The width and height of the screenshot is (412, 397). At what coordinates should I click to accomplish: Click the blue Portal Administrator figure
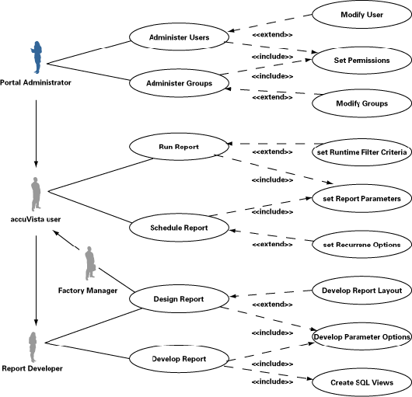[37, 57]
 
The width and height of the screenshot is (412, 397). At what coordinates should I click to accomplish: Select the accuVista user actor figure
[36, 194]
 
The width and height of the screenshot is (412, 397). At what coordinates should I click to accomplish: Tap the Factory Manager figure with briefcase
[90, 263]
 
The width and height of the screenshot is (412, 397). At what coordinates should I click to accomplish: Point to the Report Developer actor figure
[33, 347]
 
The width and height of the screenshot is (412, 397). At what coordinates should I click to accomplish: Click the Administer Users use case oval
[180, 37]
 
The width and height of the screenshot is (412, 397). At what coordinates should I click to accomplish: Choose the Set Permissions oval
[361, 61]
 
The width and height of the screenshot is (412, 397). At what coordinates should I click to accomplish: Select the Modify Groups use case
[361, 103]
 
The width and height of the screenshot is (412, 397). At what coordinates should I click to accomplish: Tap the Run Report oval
[180, 147]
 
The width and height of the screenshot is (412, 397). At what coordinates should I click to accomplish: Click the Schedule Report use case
[180, 228]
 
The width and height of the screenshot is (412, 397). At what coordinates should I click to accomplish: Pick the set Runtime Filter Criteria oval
[361, 152]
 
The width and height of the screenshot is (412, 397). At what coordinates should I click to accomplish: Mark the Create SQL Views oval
[361, 382]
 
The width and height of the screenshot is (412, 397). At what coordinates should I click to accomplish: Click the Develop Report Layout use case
[361, 291]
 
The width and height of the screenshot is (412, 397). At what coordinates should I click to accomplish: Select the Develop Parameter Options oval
[361, 336]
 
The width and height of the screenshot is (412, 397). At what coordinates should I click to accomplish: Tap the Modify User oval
[361, 15]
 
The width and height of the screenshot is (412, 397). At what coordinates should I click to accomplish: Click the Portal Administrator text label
[36, 82]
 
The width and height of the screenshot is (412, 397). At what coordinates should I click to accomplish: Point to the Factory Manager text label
[88, 291]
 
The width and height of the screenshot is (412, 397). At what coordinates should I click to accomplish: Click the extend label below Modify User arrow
[272, 35]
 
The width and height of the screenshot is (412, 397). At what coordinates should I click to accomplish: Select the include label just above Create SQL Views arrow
[272, 364]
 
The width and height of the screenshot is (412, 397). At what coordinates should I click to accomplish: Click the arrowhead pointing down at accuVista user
[36, 164]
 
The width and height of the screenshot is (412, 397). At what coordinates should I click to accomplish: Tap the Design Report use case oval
[180, 299]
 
